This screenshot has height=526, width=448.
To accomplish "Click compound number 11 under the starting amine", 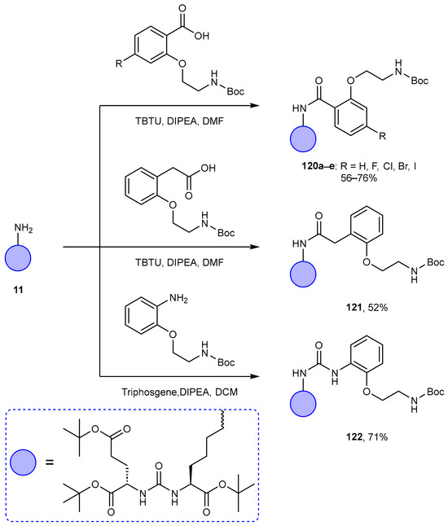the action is click(x=18, y=290).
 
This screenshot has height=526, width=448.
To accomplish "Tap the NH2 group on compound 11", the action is click(x=23, y=229).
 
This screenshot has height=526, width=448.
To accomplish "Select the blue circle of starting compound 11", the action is click(x=18, y=258).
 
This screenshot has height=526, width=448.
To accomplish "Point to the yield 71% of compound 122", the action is click(x=378, y=437).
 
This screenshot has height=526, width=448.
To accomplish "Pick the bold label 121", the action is click(x=354, y=307).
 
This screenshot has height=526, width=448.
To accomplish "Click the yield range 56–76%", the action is click(x=358, y=178).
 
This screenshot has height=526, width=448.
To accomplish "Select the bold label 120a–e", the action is click(x=318, y=166).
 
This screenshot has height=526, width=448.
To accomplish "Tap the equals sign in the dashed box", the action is click(x=50, y=462).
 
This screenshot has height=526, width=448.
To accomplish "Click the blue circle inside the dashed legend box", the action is click(x=23, y=462).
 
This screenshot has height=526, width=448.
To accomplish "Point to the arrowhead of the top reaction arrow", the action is click(x=256, y=106).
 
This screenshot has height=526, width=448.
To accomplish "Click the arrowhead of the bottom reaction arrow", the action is click(x=256, y=376).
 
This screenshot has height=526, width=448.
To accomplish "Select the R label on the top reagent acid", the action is click(x=119, y=63).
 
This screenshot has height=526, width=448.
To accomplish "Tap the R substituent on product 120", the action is click(x=383, y=136).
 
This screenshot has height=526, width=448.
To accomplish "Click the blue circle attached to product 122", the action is click(x=303, y=404).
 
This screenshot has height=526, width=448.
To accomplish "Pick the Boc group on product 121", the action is click(x=436, y=262).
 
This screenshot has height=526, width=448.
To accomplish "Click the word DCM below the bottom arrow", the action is click(x=226, y=392).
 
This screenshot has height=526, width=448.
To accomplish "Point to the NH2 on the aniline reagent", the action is click(x=178, y=299).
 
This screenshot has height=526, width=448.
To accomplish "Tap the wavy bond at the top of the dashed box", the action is click(x=222, y=419).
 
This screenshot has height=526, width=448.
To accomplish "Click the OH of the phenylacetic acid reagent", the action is click(x=208, y=168).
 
